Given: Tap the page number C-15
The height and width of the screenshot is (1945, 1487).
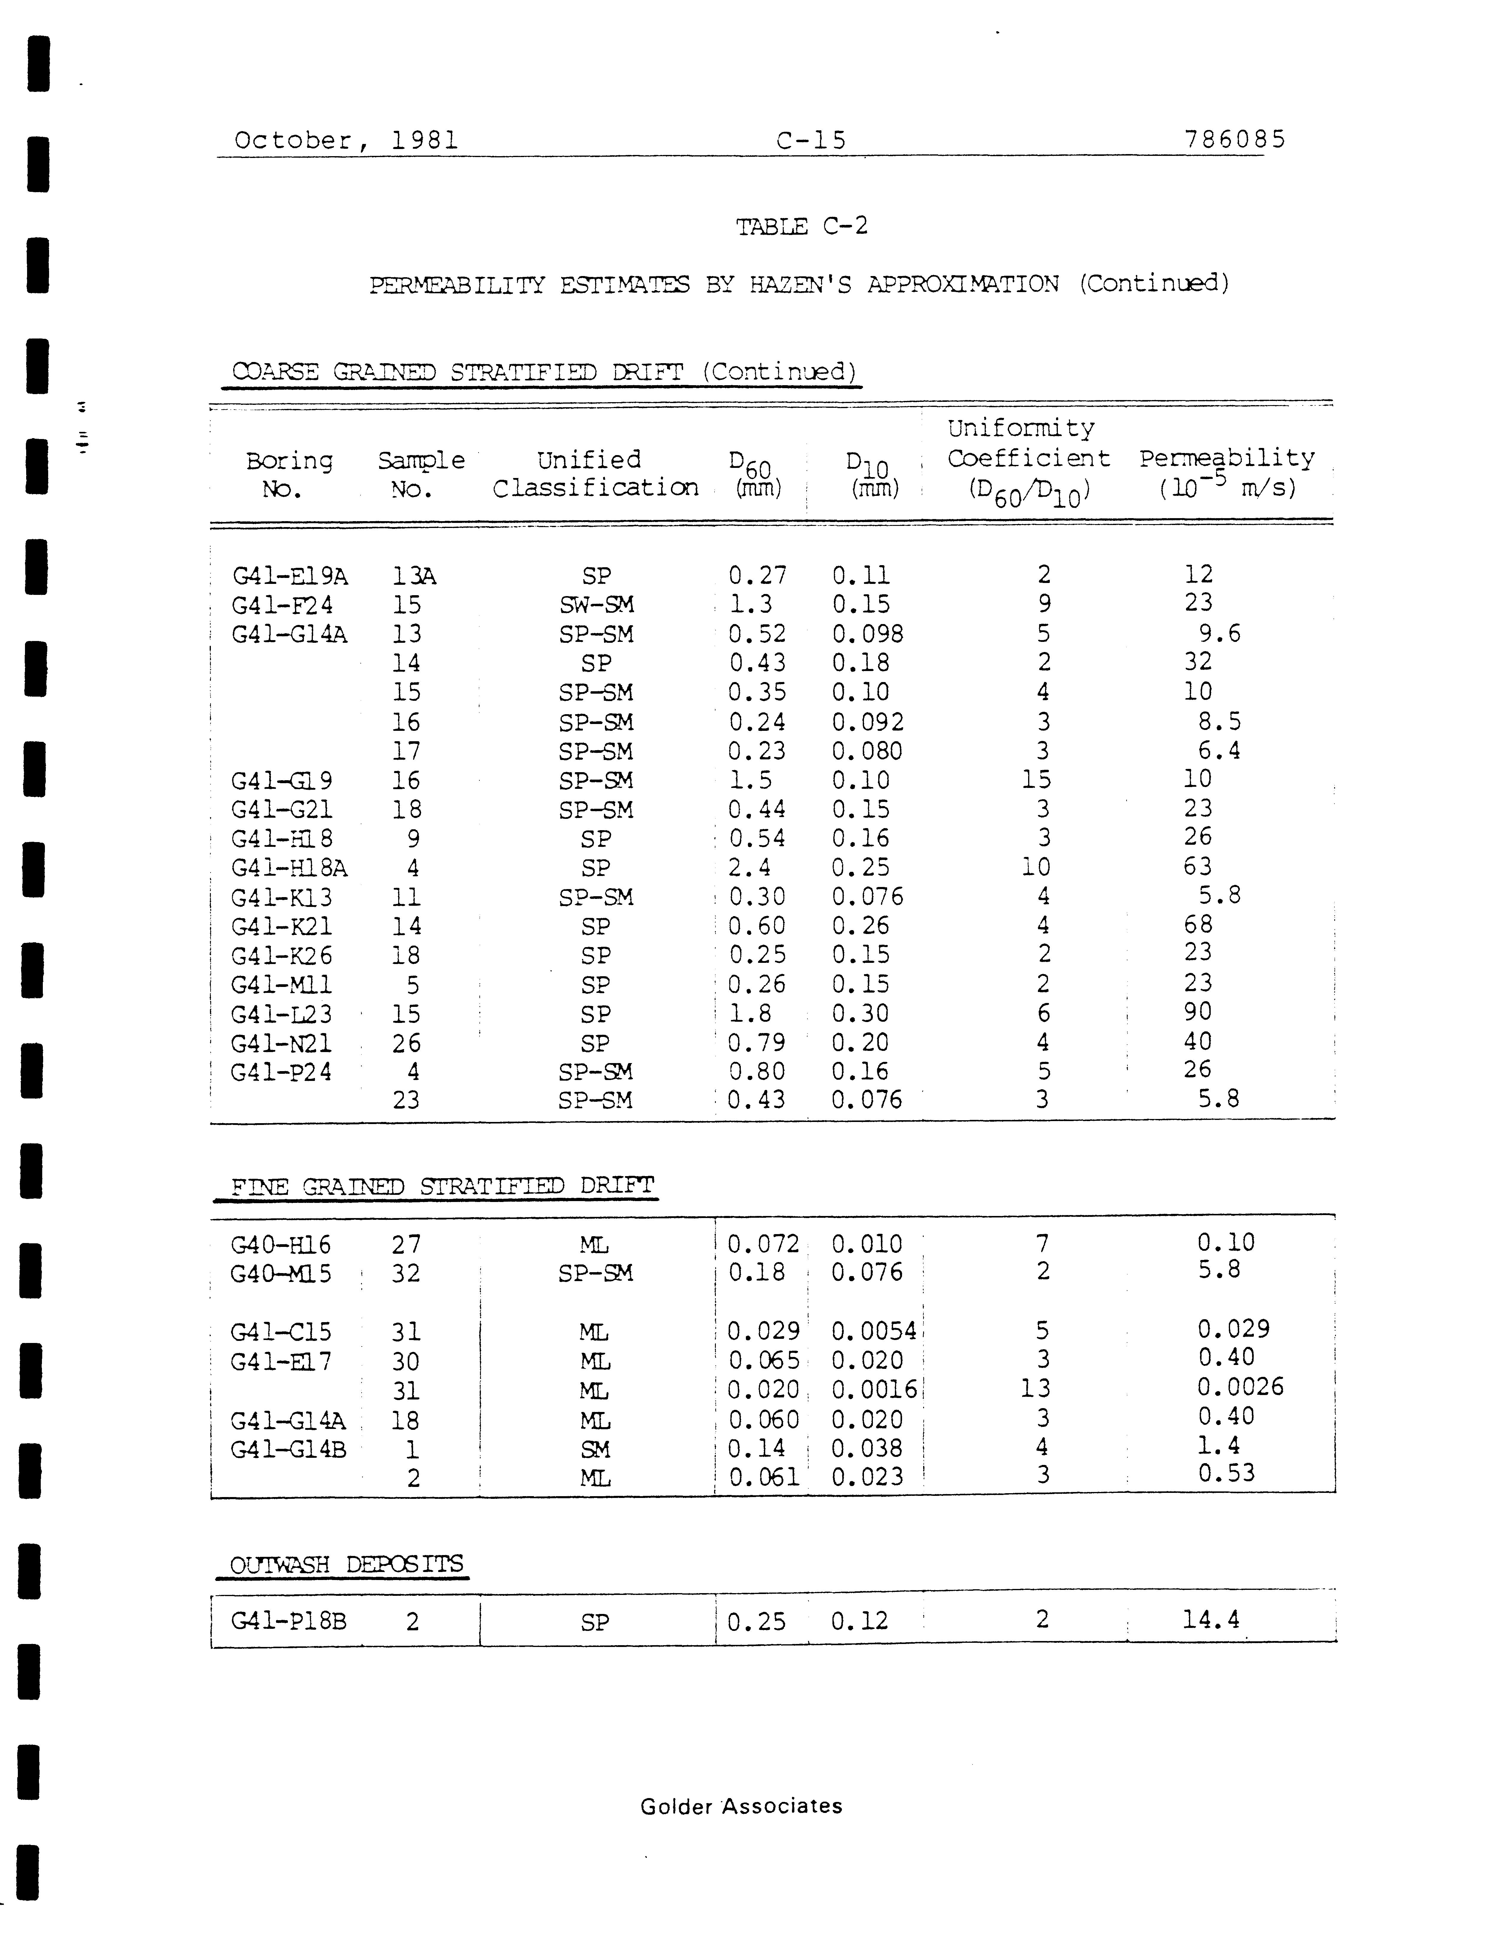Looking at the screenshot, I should [811, 140].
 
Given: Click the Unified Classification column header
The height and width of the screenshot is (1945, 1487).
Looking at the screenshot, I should [595, 474].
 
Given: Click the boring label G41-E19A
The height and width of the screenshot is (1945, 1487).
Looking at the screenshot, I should [289, 576].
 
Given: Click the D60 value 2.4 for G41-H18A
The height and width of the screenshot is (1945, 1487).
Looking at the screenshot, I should [750, 868].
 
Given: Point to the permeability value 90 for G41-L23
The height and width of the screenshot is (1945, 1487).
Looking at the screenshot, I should [1198, 1012].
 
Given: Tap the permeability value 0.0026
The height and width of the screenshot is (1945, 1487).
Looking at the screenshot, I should [1239, 1387].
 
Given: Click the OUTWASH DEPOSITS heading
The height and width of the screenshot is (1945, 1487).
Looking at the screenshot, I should [346, 1565].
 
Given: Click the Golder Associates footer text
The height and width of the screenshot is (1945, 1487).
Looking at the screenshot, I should [741, 1806].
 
